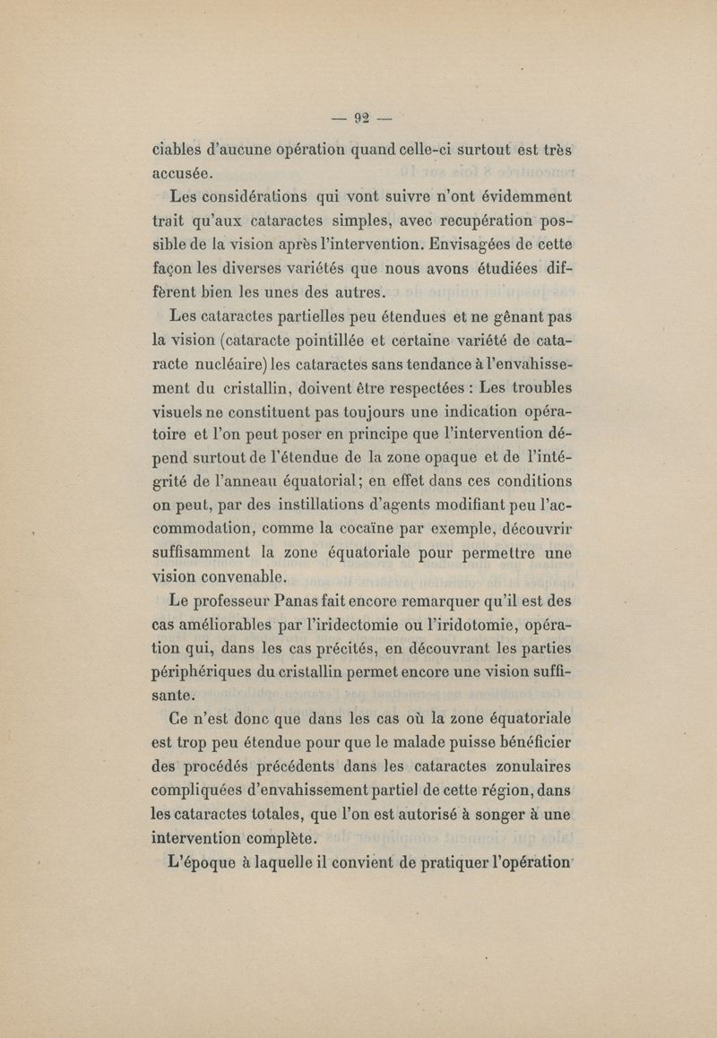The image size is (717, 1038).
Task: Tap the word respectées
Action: point(404,387)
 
